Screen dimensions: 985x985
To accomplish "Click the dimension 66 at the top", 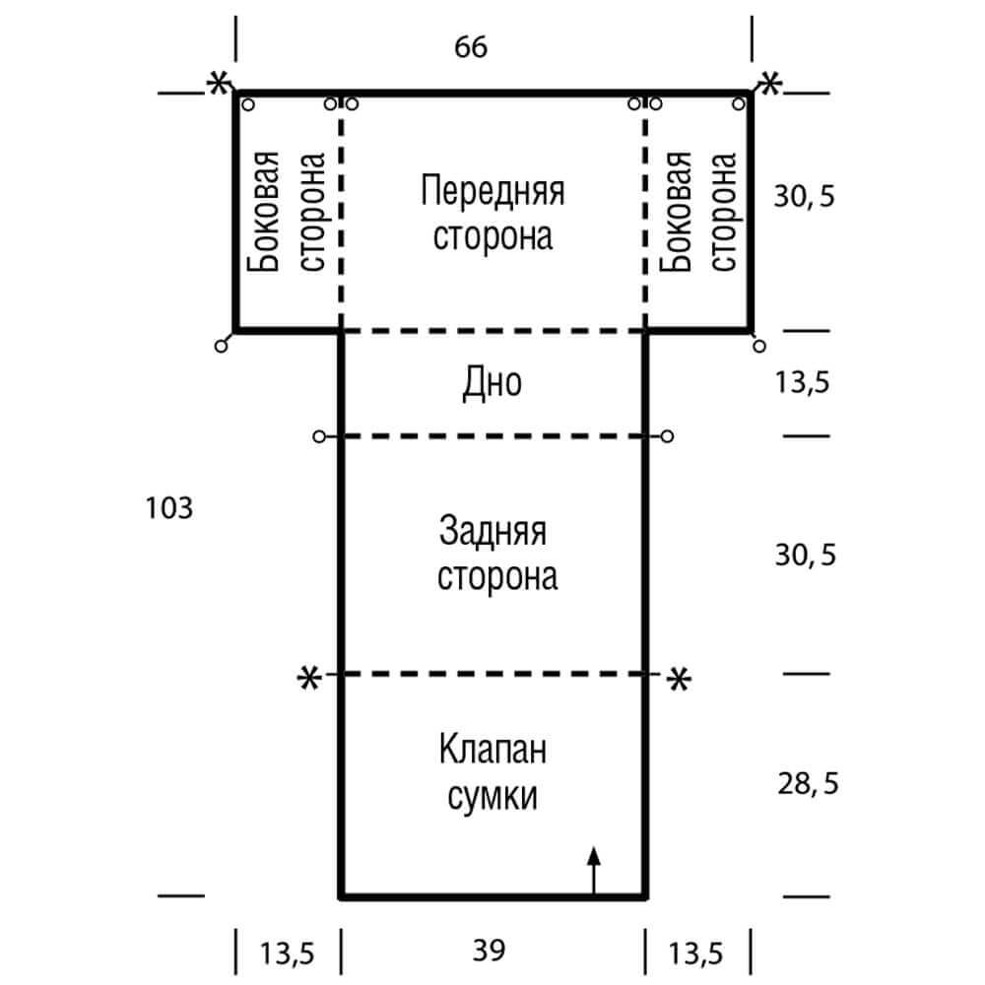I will coord(471,47).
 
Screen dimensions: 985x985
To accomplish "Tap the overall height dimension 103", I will coord(167,508).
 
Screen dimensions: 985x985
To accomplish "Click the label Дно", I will coord(492,383).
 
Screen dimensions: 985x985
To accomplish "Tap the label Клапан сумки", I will coord(492,773).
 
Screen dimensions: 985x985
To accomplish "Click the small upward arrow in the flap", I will coord(593,867).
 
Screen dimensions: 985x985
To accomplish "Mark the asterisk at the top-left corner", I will coord(215,83).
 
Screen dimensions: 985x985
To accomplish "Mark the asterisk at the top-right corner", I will coord(768,83).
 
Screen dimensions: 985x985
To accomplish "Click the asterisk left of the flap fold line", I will coord(309,678).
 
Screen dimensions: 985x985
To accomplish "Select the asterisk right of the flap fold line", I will coord(678,678).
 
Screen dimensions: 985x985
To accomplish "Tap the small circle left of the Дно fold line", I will coord(318,435).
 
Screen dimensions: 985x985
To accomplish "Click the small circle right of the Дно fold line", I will coord(668,435).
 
